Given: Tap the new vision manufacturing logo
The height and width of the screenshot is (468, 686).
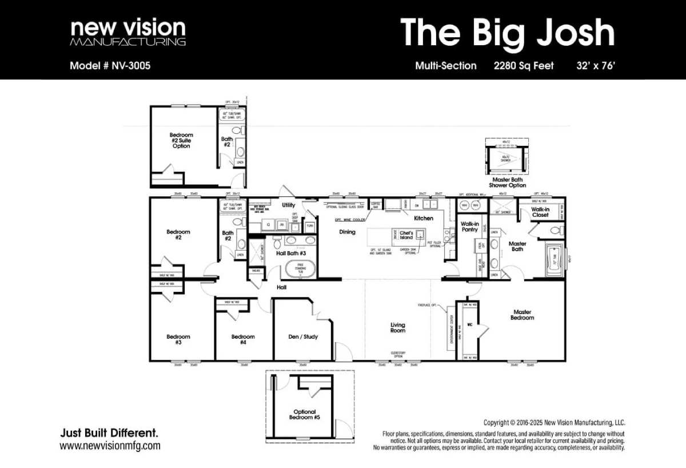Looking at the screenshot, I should click(127, 33).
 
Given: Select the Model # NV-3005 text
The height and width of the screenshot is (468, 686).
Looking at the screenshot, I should click(110, 66).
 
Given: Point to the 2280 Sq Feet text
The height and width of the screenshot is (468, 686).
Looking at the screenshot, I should click(524, 66).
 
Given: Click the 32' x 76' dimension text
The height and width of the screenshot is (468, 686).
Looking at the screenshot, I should click(596, 66).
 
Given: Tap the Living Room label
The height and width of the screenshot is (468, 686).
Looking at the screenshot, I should click(398, 327).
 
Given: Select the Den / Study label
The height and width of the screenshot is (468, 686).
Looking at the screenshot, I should click(303, 337).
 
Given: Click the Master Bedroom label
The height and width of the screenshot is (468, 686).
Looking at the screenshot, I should click(522, 315).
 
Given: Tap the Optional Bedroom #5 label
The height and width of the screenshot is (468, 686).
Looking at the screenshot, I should click(304, 414).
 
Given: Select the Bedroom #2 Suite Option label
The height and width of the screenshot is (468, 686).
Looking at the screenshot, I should click(181, 141).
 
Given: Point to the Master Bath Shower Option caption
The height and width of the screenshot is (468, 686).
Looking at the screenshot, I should click(507, 183).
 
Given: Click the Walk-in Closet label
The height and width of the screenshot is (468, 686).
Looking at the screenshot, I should click(540, 212).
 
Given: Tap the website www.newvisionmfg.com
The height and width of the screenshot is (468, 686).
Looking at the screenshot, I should click(110, 446).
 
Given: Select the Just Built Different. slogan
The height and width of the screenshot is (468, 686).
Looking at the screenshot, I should click(109, 433).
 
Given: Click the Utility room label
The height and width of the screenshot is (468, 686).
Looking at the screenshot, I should click(289, 205).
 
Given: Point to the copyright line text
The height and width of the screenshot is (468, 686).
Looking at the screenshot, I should click(554, 423).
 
